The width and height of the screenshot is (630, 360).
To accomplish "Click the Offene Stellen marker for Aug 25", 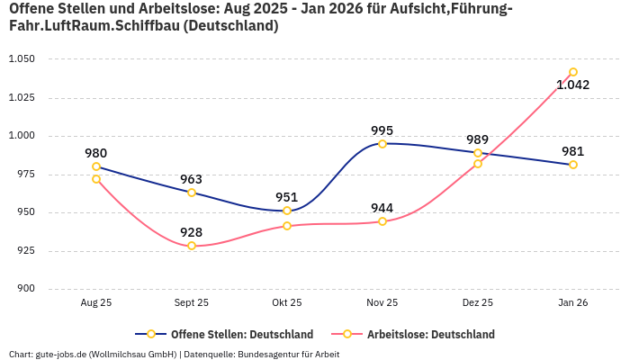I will pos(96,166).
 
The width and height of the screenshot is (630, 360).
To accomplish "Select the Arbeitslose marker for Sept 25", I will pos(192,246).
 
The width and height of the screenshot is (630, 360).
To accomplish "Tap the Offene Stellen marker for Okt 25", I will pos(287,211).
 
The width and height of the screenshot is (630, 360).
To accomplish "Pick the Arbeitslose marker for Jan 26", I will pos(573,72).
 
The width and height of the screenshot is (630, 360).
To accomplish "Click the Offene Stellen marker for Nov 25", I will pos(382,144).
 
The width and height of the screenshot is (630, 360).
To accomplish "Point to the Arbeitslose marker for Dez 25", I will pos(478,164).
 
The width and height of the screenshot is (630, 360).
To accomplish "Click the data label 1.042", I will pos(573,85).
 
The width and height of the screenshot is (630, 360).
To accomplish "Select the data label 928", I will pos(192,232).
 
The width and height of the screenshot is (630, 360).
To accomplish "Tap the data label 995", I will pos(382,130).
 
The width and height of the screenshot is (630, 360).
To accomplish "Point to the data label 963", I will pos(192,179).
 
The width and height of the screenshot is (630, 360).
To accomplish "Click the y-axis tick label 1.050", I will pos(21,59).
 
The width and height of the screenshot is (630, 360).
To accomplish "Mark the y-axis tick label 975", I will pos(24,175).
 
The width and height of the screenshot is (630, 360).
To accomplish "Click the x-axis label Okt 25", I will pos(287,303).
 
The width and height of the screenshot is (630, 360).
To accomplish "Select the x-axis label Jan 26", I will pos(573,303).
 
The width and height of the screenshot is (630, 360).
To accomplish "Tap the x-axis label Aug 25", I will pos(96,303).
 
